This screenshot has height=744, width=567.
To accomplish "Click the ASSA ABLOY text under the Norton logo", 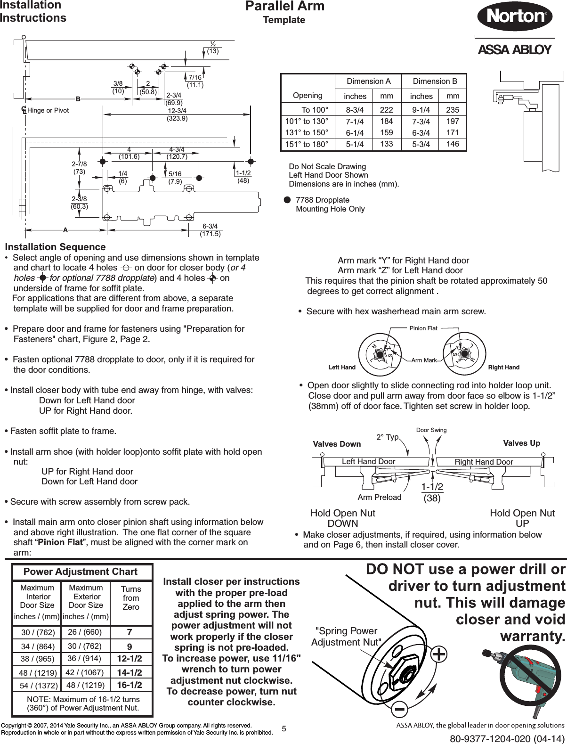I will pyautogui.click(x=514, y=49).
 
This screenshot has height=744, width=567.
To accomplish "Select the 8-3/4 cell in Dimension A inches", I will pyautogui.click(x=355, y=110).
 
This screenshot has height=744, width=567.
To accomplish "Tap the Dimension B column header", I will pyautogui.click(x=435, y=81).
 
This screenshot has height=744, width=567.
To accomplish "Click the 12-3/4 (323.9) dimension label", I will pyautogui.click(x=178, y=114).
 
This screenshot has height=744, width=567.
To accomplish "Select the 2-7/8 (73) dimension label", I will pyautogui.click(x=79, y=167).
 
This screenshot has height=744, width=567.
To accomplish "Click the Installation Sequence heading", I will pyautogui.click(x=55, y=247).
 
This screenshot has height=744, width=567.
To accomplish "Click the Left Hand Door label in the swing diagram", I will pyautogui.click(x=368, y=461).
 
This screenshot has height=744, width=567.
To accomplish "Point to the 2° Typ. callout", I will pyautogui.click(x=387, y=437).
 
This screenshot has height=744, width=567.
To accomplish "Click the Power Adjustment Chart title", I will pyautogui.click(x=81, y=572).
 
